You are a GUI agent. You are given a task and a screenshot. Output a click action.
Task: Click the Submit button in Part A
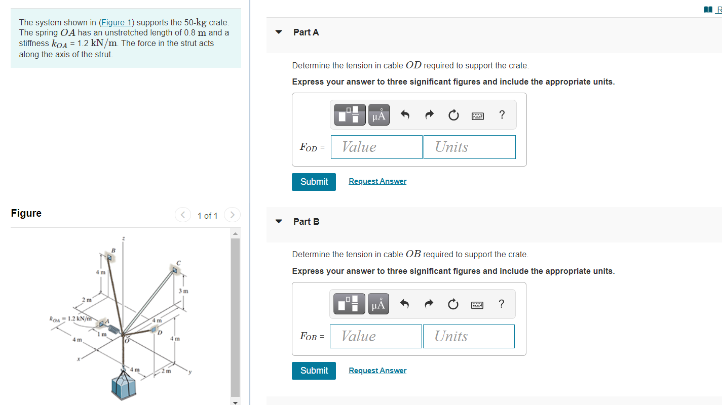click(314, 182)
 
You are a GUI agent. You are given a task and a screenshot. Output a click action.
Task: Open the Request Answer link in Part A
click(377, 181)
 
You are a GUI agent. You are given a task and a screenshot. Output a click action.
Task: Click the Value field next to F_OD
click(376, 147)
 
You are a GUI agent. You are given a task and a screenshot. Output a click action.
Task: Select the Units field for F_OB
click(469, 336)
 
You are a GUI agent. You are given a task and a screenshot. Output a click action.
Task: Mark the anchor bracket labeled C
click(175, 270)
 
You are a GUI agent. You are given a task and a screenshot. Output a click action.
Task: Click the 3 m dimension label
click(183, 291)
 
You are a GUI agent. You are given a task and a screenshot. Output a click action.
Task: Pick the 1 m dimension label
click(101, 335)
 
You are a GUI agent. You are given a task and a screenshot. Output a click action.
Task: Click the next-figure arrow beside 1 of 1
click(232, 215)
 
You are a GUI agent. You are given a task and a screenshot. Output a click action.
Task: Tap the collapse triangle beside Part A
click(278, 32)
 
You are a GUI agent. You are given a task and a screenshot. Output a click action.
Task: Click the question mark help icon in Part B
click(501, 304)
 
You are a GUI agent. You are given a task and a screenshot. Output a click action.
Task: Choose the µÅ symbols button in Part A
click(378, 115)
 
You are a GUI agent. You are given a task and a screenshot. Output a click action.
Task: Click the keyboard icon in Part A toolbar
click(477, 115)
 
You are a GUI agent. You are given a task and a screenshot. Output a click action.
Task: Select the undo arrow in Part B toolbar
click(404, 304)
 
